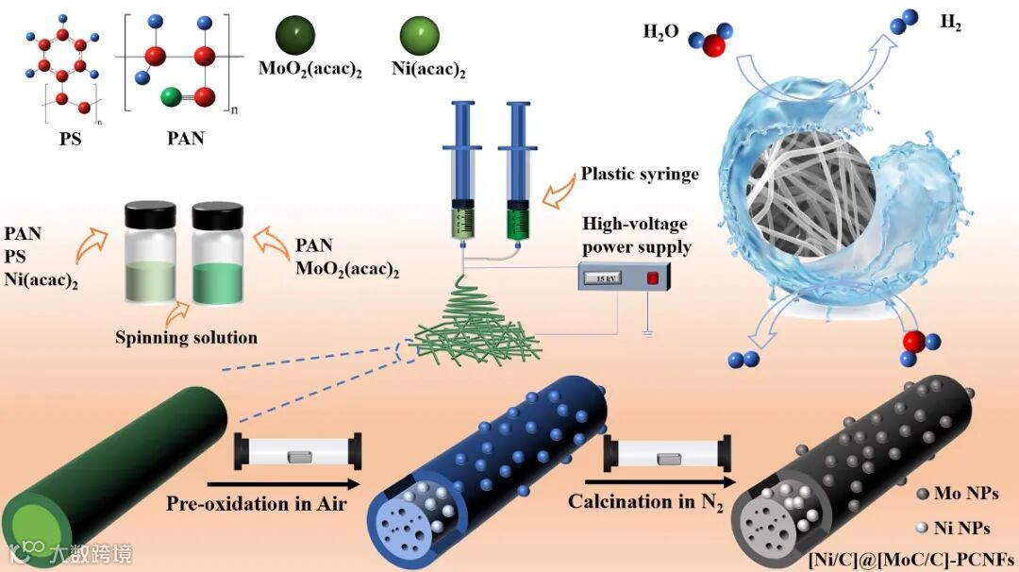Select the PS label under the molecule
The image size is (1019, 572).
(68, 138)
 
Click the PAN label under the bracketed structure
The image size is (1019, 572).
(185, 139)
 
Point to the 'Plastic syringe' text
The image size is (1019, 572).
(640, 174)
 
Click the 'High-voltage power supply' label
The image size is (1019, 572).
(635, 236)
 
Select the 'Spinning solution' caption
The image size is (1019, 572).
(186, 337)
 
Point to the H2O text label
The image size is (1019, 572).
(660, 32)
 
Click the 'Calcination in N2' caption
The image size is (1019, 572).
(645, 501)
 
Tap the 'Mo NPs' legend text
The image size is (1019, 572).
(964, 493)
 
